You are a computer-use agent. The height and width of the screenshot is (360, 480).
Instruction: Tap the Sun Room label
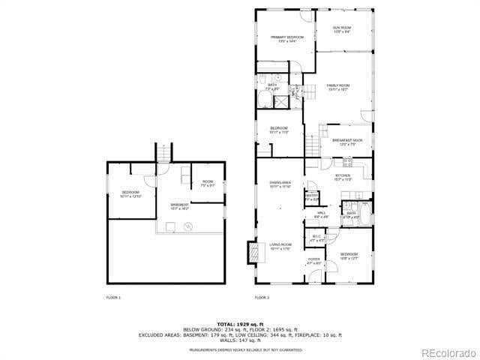(343, 30)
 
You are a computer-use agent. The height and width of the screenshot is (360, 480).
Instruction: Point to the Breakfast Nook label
(347, 142)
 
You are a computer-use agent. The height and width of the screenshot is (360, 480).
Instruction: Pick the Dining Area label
(280, 184)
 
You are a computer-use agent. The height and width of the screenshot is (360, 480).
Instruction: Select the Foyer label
(313, 262)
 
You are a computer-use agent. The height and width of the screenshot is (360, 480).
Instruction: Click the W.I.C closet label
(316, 239)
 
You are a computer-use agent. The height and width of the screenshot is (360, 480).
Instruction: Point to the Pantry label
(311, 197)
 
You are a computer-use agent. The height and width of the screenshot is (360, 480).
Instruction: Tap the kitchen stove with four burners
(347, 164)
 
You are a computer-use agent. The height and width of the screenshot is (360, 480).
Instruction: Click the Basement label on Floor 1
(179, 206)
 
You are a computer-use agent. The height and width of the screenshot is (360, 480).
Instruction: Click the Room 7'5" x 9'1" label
(208, 184)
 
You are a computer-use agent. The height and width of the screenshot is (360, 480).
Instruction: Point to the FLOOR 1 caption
(113, 298)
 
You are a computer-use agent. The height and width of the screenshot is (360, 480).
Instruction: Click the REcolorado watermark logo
(447, 352)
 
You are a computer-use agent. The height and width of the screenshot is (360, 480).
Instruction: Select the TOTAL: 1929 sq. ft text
(240, 323)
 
